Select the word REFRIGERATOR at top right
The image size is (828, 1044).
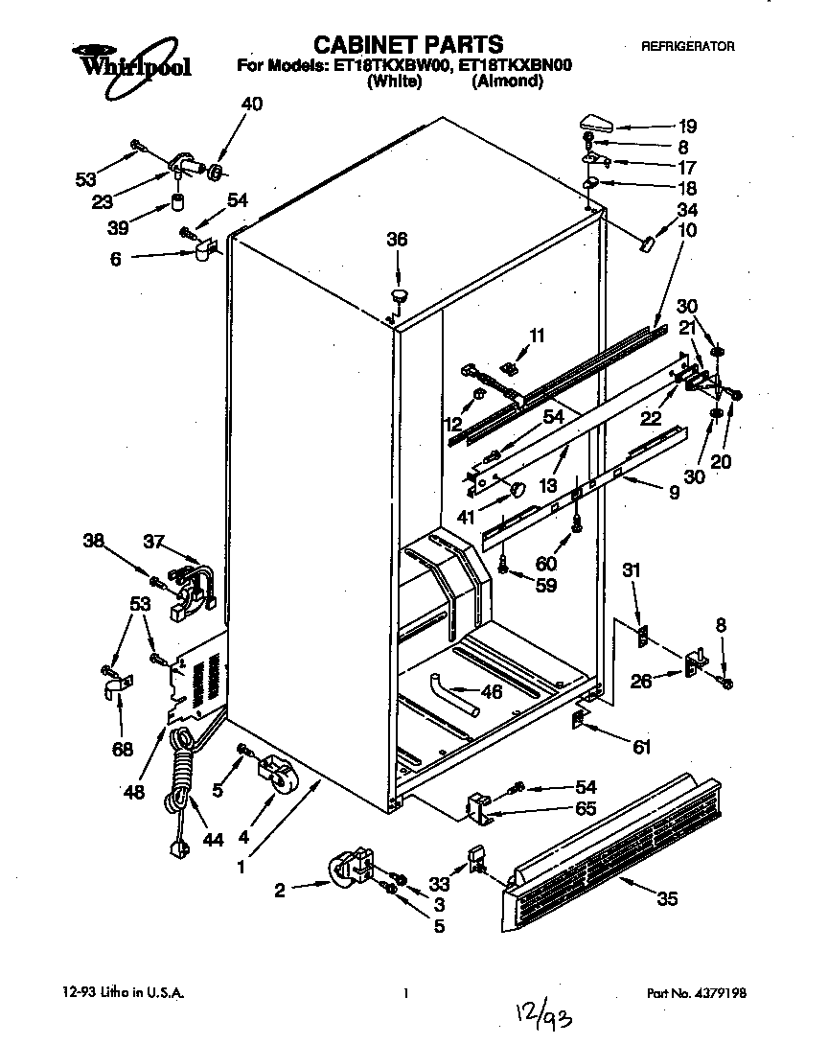[x=687, y=46]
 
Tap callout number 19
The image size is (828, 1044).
[x=687, y=126]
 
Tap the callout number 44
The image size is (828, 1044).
[x=212, y=839]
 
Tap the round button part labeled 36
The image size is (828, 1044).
[x=400, y=291]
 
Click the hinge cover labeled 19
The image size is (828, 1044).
[x=596, y=122]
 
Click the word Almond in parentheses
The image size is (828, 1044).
[x=507, y=81]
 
